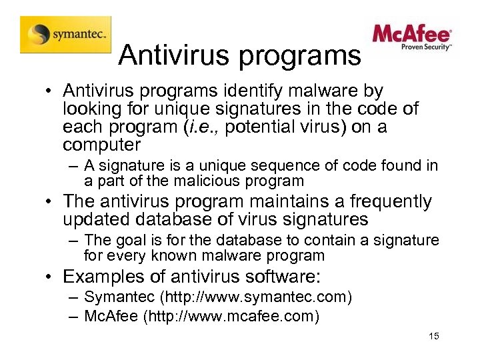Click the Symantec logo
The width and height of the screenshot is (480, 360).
tap(65, 34)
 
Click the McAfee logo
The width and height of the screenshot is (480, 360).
tap(412, 37)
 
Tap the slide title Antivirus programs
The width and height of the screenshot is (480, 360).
tap(239, 56)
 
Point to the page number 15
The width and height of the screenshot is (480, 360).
tap(434, 337)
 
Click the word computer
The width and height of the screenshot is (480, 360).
tap(101, 145)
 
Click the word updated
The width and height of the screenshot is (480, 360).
tap(97, 219)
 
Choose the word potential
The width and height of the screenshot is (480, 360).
tap(289, 127)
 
